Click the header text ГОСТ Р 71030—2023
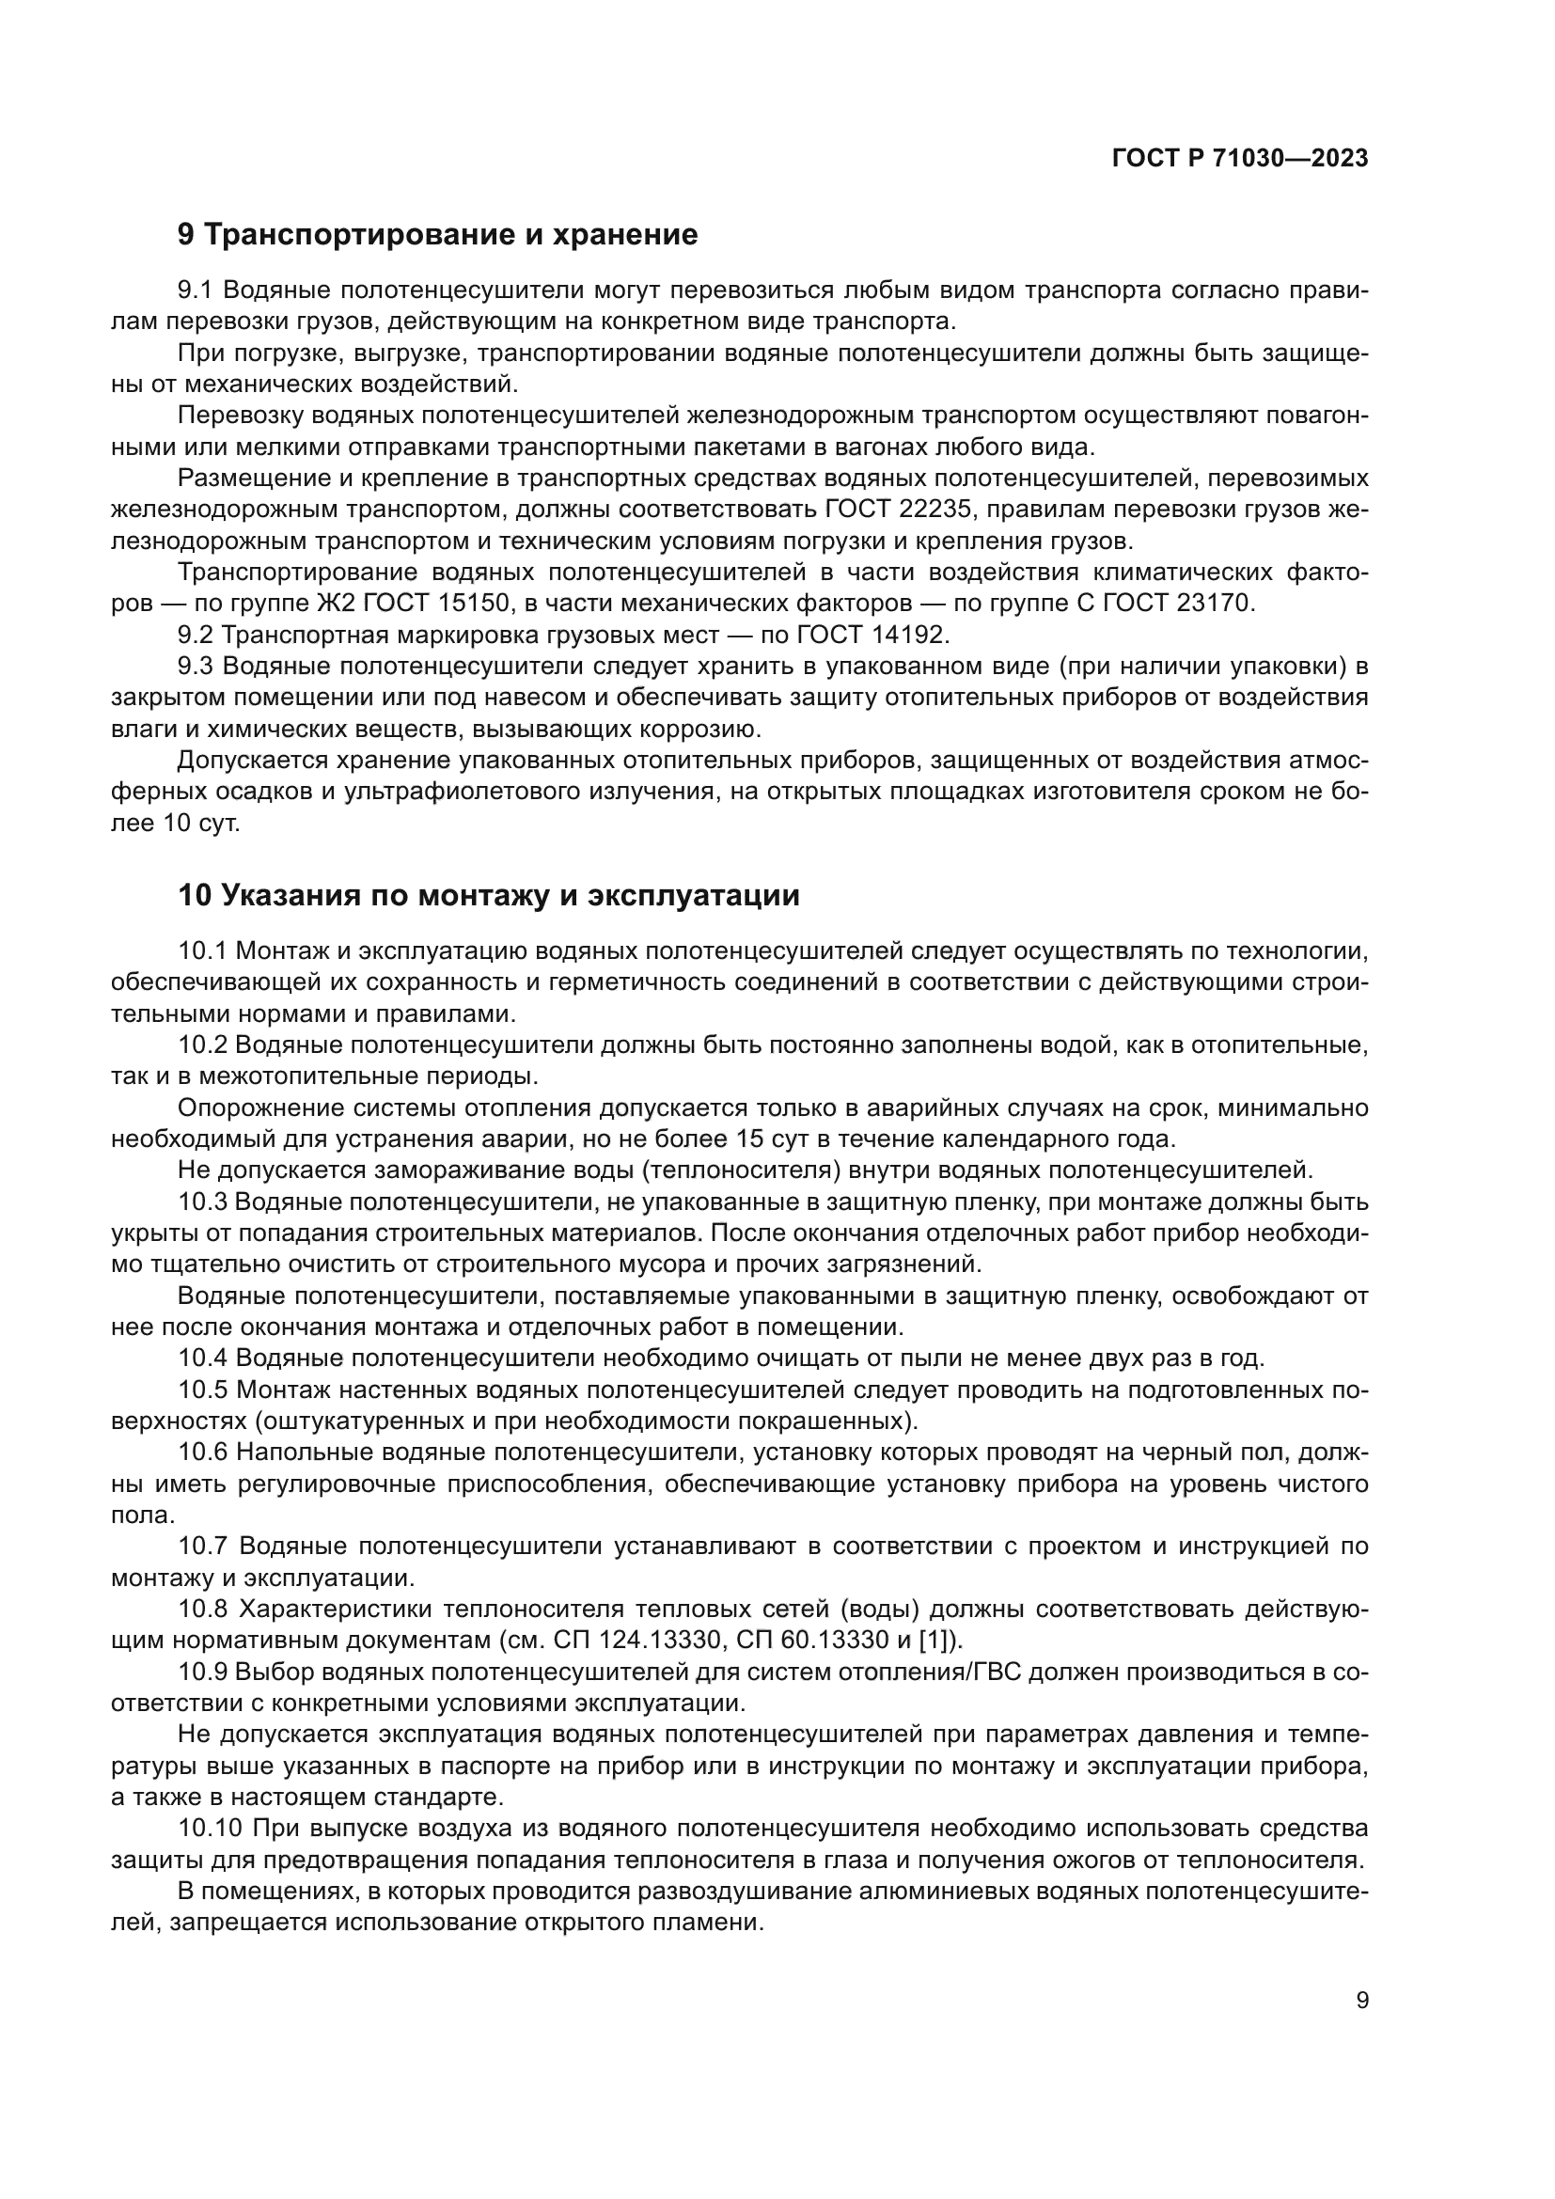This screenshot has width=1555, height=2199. click(1240, 159)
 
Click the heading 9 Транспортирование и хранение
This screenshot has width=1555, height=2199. click(437, 235)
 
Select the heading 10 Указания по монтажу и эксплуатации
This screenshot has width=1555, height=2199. click(488, 896)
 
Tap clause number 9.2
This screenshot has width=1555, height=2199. click(198, 634)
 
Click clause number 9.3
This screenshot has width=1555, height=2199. click(198, 666)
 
